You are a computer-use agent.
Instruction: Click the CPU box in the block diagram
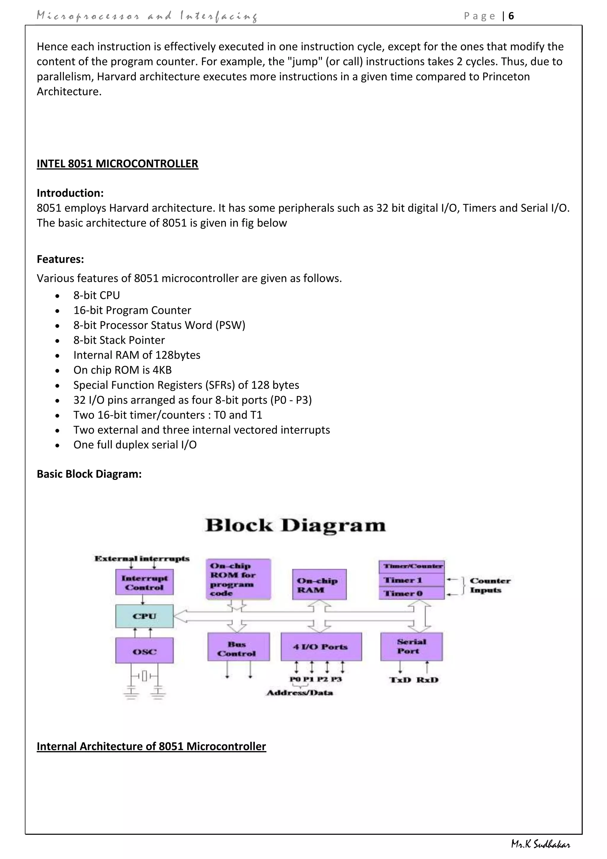pyautogui.click(x=144, y=616)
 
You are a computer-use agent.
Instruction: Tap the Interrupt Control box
pyautogui.click(x=144, y=583)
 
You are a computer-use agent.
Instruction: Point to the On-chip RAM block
pyautogui.click(x=319, y=585)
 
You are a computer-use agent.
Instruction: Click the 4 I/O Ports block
pyautogui.click(x=321, y=647)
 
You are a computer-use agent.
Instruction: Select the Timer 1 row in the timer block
pyautogui.click(x=411, y=580)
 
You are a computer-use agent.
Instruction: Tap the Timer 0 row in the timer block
pyautogui.click(x=411, y=593)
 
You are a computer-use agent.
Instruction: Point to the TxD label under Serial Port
pyautogui.click(x=400, y=680)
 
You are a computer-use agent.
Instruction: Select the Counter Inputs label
pyautogui.click(x=490, y=585)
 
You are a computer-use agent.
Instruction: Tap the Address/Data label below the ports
pyautogui.click(x=300, y=693)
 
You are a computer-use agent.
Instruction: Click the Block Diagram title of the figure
pyautogui.click(x=295, y=525)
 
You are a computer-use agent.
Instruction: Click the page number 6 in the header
pyautogui.click(x=511, y=16)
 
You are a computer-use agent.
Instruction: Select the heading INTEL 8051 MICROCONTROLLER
pyautogui.click(x=117, y=163)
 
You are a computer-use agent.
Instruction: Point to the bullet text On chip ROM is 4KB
pyautogui.click(x=122, y=370)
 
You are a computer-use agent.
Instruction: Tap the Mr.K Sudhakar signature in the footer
pyautogui.click(x=541, y=844)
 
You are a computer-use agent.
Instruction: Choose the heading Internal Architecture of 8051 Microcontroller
pyautogui.click(x=151, y=746)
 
